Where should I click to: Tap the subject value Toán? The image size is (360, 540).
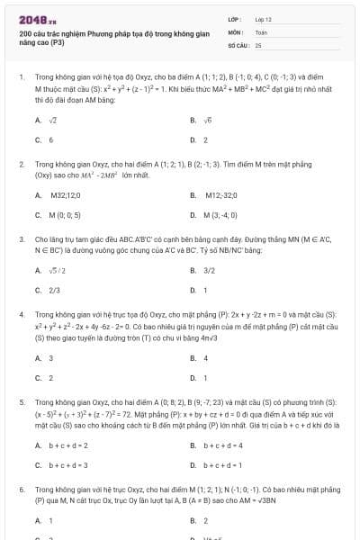tap(261, 31)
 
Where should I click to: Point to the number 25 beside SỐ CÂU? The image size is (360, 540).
tap(258, 44)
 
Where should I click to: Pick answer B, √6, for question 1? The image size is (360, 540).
tap(207, 120)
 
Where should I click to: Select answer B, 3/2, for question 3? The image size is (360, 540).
tap(209, 270)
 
